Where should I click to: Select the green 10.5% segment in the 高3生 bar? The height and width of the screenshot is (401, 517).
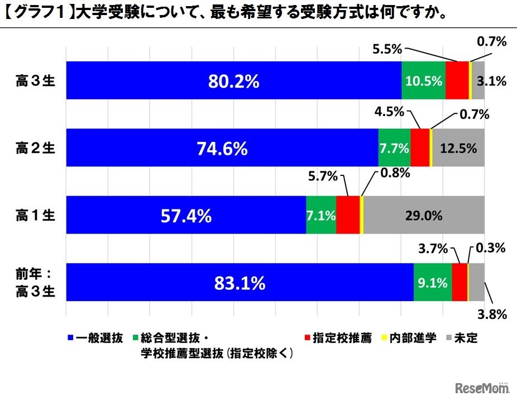click(423, 80)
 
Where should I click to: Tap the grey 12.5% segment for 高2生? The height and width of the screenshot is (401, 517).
click(458, 148)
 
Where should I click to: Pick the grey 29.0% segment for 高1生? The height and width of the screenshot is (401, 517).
click(424, 216)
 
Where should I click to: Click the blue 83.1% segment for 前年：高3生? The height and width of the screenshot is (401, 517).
click(240, 283)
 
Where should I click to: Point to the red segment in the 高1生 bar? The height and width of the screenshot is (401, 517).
click(348, 216)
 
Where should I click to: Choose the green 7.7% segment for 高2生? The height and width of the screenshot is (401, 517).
click(394, 148)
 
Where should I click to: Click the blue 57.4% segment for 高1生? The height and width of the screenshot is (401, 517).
click(186, 216)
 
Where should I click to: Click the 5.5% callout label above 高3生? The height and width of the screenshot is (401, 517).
click(387, 49)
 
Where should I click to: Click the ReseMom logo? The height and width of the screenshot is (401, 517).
click(478, 388)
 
